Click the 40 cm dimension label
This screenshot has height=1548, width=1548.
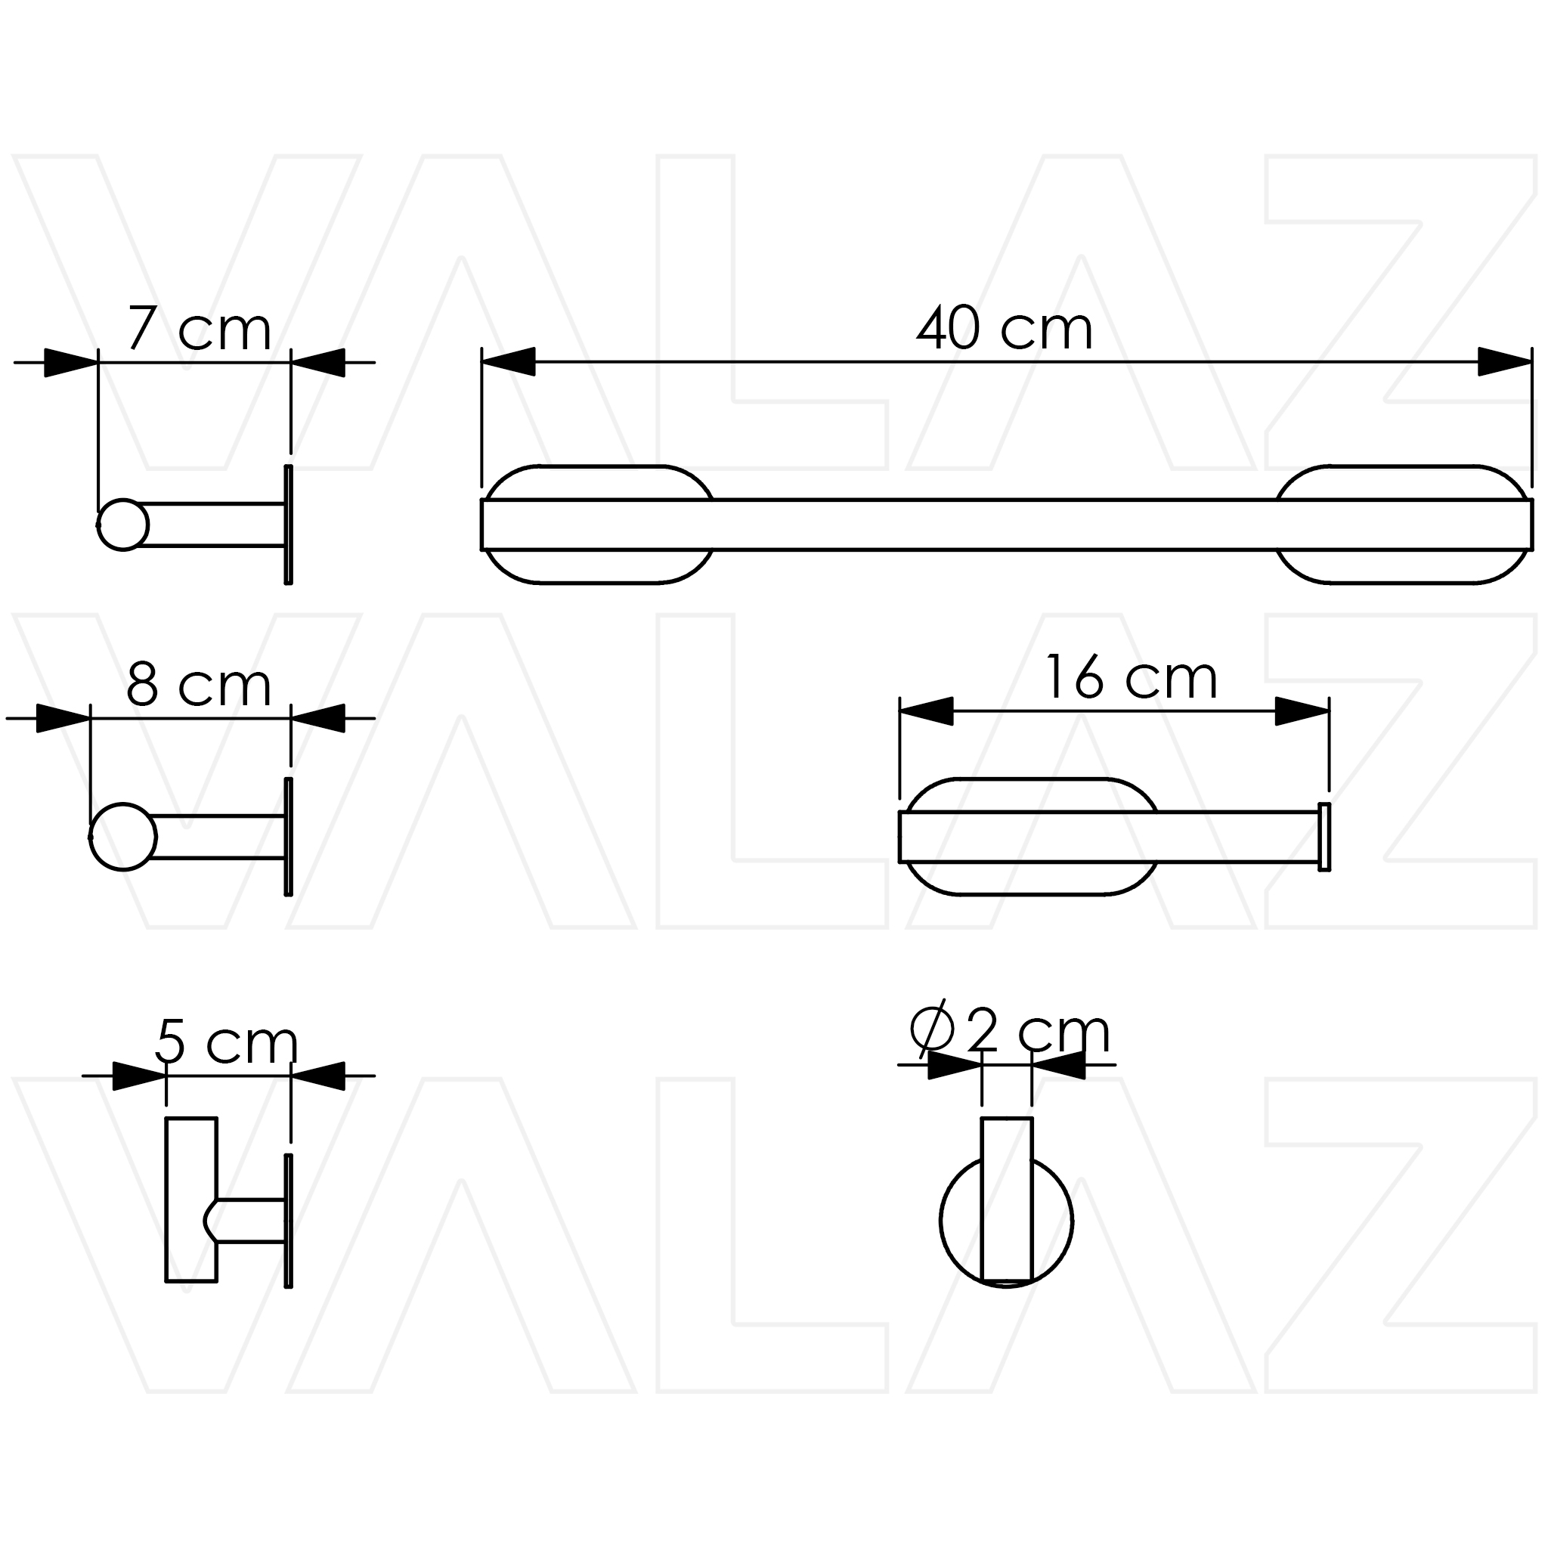coord(1005,328)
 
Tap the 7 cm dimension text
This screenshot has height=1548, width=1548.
coord(200,329)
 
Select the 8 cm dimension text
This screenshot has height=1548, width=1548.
coord(199,685)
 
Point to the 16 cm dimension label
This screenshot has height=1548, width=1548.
coord(1132,677)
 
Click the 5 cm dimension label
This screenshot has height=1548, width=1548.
coord(227,1042)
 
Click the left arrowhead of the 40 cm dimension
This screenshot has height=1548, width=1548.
coord(508,361)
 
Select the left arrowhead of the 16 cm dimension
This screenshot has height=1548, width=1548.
coord(926,711)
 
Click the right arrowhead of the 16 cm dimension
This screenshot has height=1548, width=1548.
coord(1302,711)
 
